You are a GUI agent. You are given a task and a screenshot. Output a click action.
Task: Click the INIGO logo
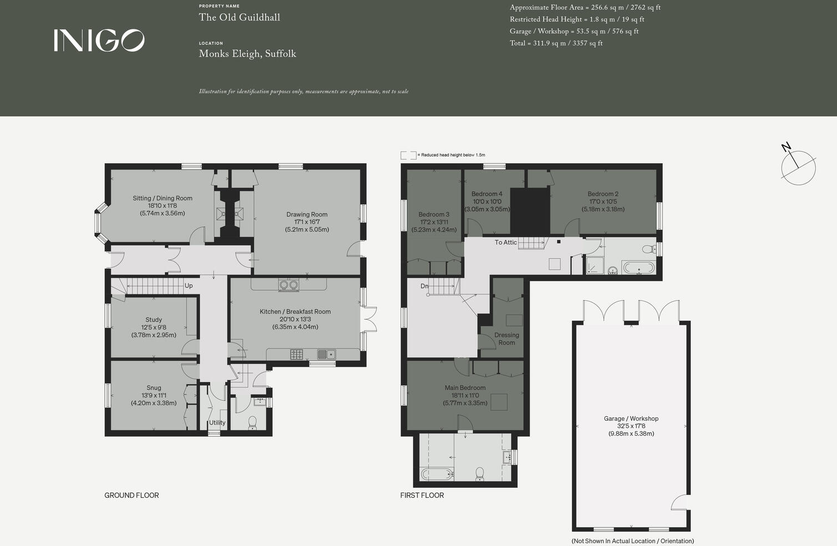[99, 41]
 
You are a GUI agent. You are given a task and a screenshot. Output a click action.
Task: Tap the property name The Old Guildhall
[239, 17]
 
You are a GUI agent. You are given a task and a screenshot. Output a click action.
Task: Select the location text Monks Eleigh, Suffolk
[247, 54]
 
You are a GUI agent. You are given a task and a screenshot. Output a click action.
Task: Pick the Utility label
[217, 423]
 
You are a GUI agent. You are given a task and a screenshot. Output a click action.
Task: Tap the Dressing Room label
[506, 339]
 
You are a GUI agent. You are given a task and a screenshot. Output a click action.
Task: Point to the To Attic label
[505, 242]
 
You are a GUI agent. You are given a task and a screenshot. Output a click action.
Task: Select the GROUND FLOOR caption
[131, 496]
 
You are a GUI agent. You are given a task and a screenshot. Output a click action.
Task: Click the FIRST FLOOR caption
[422, 496]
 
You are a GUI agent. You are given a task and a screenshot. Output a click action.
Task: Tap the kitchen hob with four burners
[297, 354]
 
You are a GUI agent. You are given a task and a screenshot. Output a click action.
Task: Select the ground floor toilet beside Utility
[252, 423]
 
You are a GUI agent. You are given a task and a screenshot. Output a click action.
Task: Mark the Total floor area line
[556, 43]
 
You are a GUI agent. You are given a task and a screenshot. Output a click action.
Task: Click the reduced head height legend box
[408, 155]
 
